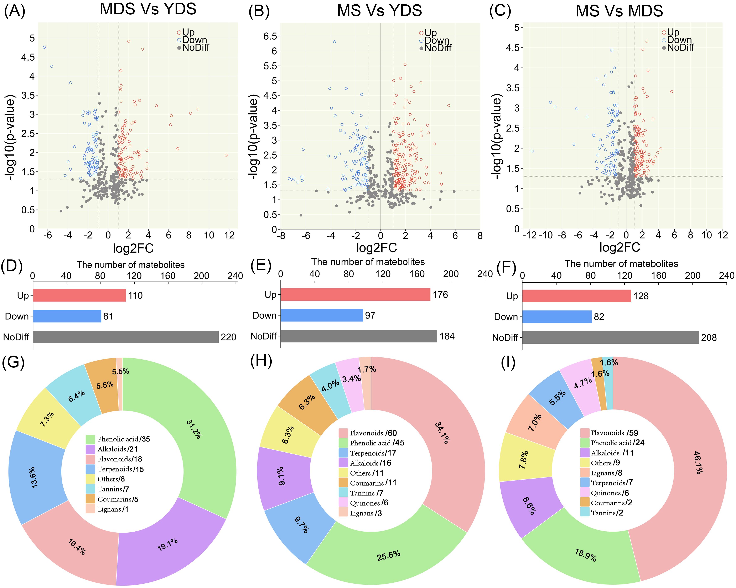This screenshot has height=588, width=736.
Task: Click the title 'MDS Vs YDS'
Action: click(x=148, y=9)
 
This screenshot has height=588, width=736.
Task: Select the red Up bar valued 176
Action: click(x=355, y=294)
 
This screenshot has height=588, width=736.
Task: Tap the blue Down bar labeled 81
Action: click(x=67, y=316)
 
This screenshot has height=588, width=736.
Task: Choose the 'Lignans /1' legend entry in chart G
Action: click(x=113, y=509)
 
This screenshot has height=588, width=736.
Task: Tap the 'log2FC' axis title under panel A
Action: click(x=133, y=248)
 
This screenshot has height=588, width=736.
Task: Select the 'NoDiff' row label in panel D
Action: click(x=16, y=337)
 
